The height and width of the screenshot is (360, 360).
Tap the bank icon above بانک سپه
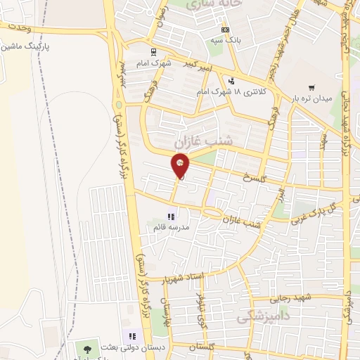tap(225, 30)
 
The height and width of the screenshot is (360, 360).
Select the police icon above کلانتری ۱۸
tap(231, 81)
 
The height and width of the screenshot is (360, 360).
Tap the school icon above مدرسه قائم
tap(170, 217)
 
